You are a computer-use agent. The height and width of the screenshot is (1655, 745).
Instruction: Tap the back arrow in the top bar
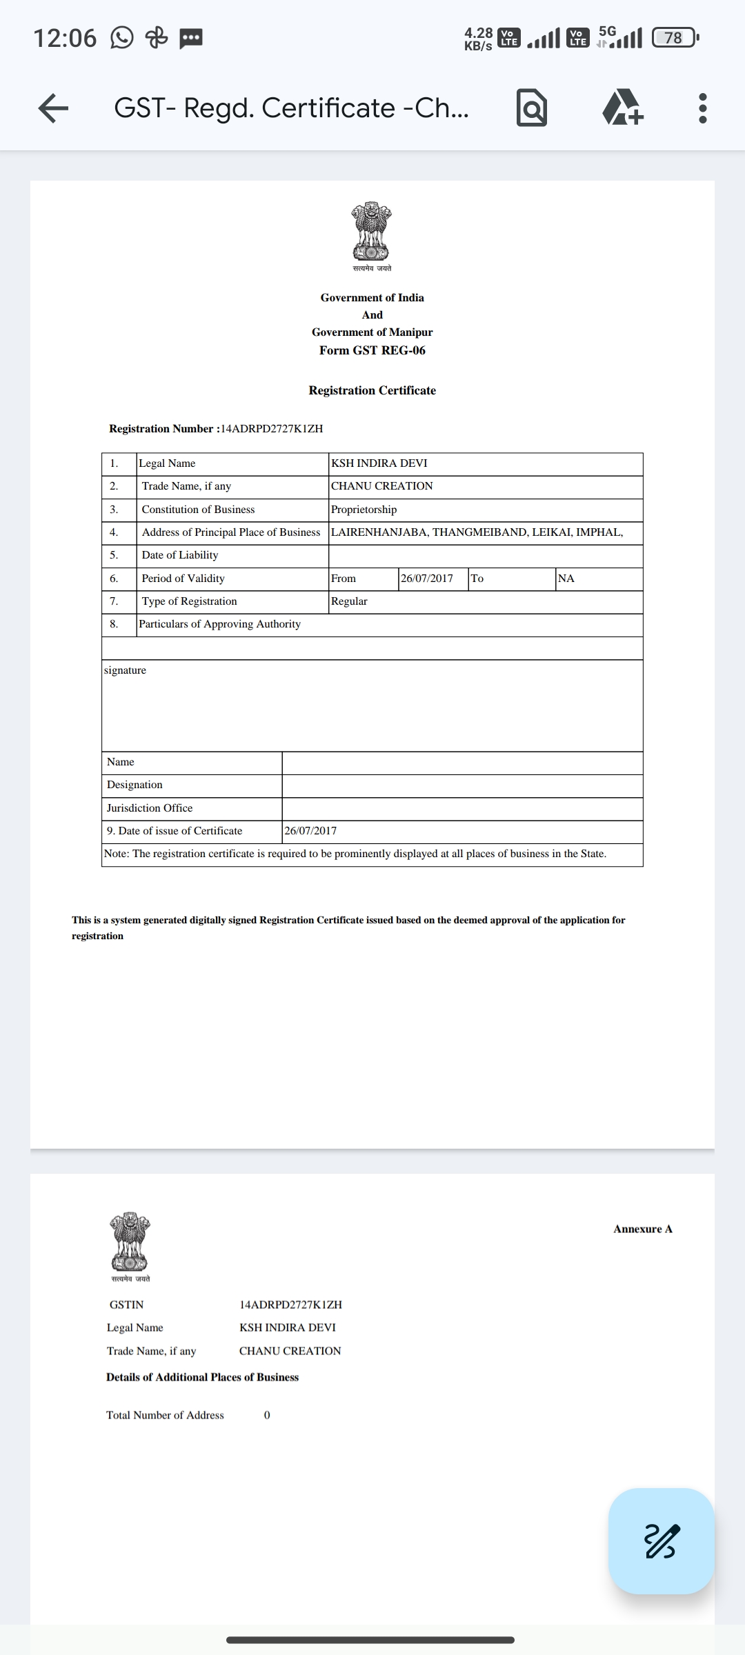coord(53,108)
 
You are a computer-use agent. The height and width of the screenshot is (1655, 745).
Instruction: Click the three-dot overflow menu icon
coord(702,108)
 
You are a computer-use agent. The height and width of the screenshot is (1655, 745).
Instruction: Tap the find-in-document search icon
coord(531,109)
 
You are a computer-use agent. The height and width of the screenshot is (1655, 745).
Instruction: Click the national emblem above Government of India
coord(372,232)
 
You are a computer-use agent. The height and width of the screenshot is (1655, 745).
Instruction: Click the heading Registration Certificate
coord(372,390)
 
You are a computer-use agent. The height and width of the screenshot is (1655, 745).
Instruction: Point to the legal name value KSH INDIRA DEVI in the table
coord(379,463)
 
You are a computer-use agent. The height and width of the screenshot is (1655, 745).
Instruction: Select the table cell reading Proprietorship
coord(364,510)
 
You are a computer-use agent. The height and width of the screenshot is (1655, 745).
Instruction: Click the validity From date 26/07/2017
coord(427,579)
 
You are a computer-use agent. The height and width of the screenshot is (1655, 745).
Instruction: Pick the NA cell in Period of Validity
coord(566,579)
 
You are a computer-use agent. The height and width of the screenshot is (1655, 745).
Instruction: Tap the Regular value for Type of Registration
coord(349,601)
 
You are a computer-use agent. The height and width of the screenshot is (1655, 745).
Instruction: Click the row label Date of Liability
coord(180,555)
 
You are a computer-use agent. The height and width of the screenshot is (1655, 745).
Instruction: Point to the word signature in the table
coord(125,670)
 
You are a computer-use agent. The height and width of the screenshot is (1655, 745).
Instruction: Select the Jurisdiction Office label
coord(150,808)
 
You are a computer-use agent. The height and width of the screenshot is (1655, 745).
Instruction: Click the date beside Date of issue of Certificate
coord(310,831)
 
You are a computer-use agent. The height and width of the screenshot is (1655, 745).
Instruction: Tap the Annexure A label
coord(642,1229)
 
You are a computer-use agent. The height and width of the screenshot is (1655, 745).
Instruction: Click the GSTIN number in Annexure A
coord(290,1305)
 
